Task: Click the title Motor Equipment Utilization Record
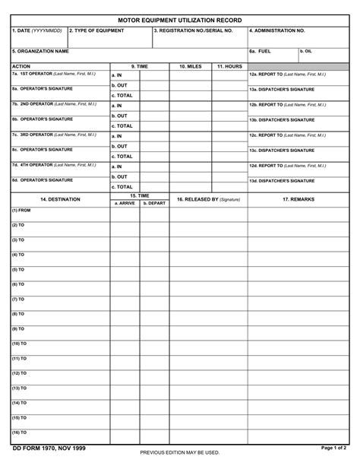(180, 20)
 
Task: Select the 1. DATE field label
(37, 31)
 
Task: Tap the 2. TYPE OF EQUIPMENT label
(96, 31)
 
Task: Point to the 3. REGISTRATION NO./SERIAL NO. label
(193, 31)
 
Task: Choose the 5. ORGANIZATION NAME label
(40, 51)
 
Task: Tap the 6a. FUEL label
(260, 51)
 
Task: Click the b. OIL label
(305, 51)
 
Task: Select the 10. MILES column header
(190, 67)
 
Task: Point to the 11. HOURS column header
(229, 67)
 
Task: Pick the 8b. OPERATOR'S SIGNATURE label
(43, 119)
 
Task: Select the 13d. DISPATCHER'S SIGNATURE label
(282, 181)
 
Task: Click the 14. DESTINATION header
(60, 199)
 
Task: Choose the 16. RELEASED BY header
(208, 199)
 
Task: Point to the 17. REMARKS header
(298, 199)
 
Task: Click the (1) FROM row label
(21, 211)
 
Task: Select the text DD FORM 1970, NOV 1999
(49, 449)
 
